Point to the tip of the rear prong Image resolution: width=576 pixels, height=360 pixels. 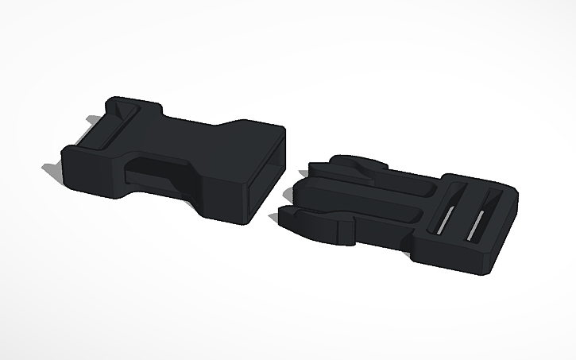[312, 167]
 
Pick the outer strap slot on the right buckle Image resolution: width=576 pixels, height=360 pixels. [480, 217]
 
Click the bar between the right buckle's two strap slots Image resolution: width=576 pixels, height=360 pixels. [464, 212]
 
